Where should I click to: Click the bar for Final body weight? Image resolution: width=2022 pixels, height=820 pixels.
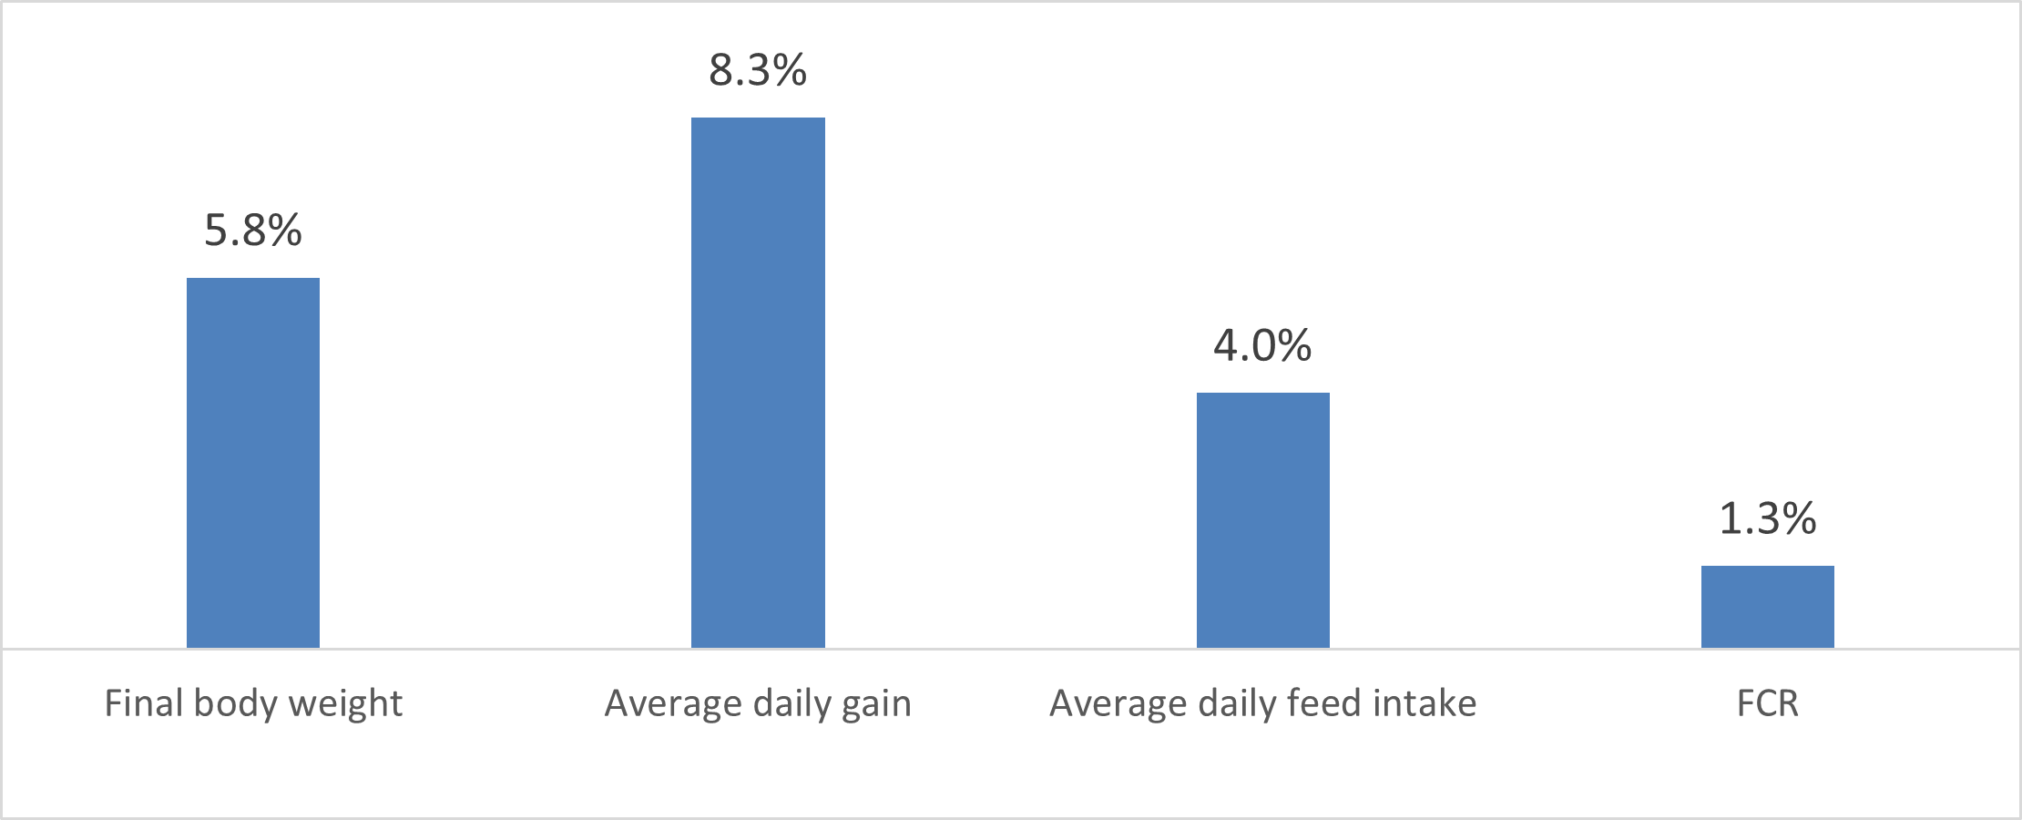click(x=253, y=463)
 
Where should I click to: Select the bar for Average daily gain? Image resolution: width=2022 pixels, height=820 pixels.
click(x=758, y=383)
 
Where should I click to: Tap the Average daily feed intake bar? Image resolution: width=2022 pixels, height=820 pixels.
click(x=1262, y=520)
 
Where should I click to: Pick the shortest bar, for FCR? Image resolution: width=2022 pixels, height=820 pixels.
click(x=1767, y=607)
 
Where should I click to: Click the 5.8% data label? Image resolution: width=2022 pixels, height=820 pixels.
click(x=253, y=231)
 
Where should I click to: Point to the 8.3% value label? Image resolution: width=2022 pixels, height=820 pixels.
click(x=758, y=70)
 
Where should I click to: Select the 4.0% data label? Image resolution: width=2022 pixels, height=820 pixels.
click(x=1262, y=345)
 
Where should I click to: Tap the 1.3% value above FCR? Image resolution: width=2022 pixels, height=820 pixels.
click(x=1767, y=518)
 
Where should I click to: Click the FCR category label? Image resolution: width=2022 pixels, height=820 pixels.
click(x=1767, y=704)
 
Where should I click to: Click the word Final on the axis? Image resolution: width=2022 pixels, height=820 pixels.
click(x=139, y=704)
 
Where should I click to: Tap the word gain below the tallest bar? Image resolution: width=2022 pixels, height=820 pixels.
click(x=876, y=704)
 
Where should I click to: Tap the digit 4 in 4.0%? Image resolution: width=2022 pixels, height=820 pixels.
click(x=1228, y=345)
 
